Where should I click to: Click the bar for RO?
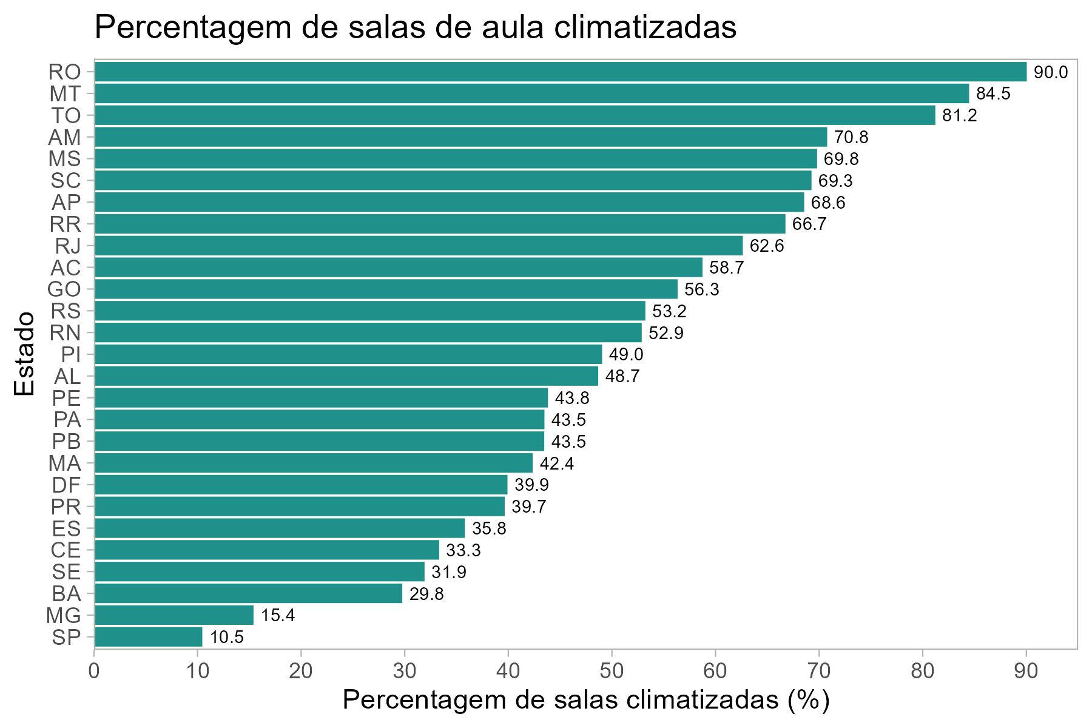coord(560,72)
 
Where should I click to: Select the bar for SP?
coord(149,637)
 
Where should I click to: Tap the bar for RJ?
coord(419,246)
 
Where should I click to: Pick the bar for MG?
coord(174,615)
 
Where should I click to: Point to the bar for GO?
coord(386,289)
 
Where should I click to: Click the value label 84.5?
coord(993,94)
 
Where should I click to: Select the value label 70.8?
coord(851,137)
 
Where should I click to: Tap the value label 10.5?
coord(227,638)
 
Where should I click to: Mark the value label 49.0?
coord(626,355)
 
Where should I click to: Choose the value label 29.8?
coord(426,594)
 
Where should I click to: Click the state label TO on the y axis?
coord(66,115)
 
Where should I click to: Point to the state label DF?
coord(66,485)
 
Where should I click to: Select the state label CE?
coord(66,550)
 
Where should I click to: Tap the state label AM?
coord(64,137)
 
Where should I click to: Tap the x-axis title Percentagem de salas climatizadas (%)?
coord(585,699)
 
